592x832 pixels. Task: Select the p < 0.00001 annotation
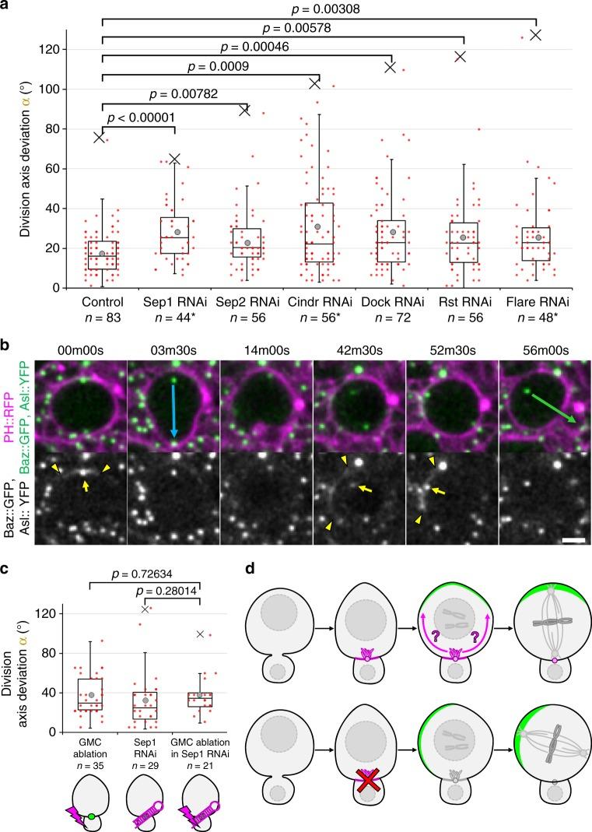(140, 118)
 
